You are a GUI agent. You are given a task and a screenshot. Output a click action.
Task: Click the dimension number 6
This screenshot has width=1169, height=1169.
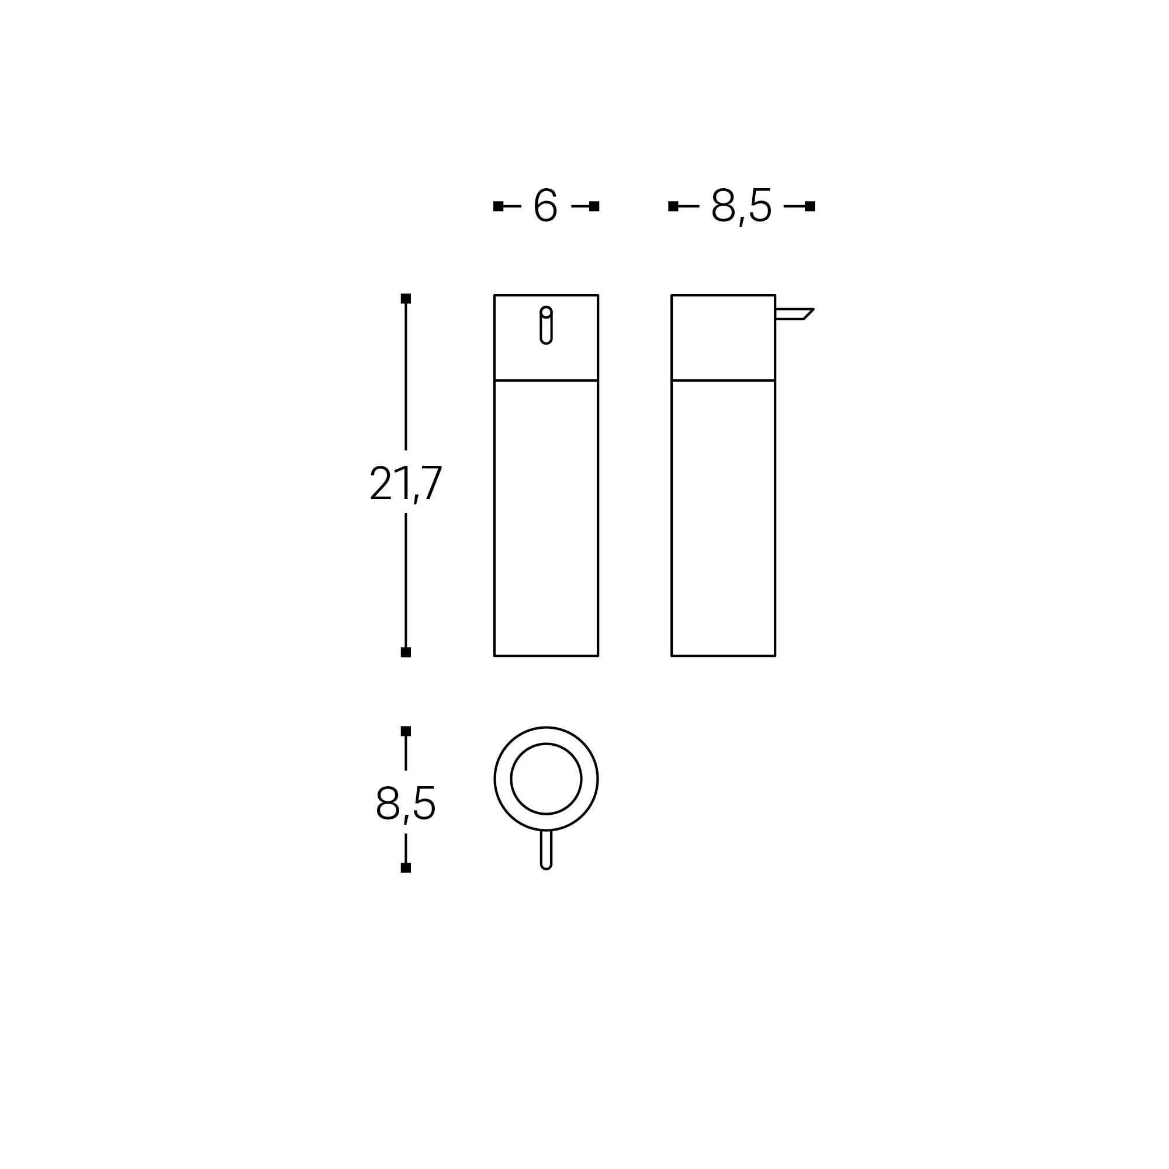pyautogui.click(x=545, y=205)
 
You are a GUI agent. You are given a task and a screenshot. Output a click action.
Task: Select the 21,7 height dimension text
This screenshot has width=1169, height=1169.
pyautogui.click(x=406, y=483)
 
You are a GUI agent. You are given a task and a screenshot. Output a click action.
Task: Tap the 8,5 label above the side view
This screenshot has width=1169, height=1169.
pyautogui.click(x=741, y=206)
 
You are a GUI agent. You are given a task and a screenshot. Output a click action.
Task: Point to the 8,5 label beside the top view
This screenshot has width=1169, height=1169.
pyautogui.click(x=406, y=804)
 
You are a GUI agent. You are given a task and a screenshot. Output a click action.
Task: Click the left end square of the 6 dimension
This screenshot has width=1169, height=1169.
pyautogui.click(x=498, y=206)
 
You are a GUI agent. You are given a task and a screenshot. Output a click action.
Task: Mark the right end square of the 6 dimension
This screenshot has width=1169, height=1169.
pyautogui.click(x=594, y=206)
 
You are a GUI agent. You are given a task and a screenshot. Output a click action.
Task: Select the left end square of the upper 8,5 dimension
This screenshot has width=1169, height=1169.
pyautogui.click(x=673, y=206)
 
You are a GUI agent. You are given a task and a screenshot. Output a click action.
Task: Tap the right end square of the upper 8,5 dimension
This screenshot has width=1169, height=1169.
pyautogui.click(x=810, y=206)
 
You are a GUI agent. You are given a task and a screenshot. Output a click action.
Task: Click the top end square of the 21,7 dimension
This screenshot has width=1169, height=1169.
pyautogui.click(x=406, y=298)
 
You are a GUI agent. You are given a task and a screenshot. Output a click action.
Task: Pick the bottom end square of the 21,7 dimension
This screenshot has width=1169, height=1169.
pyautogui.click(x=406, y=652)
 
